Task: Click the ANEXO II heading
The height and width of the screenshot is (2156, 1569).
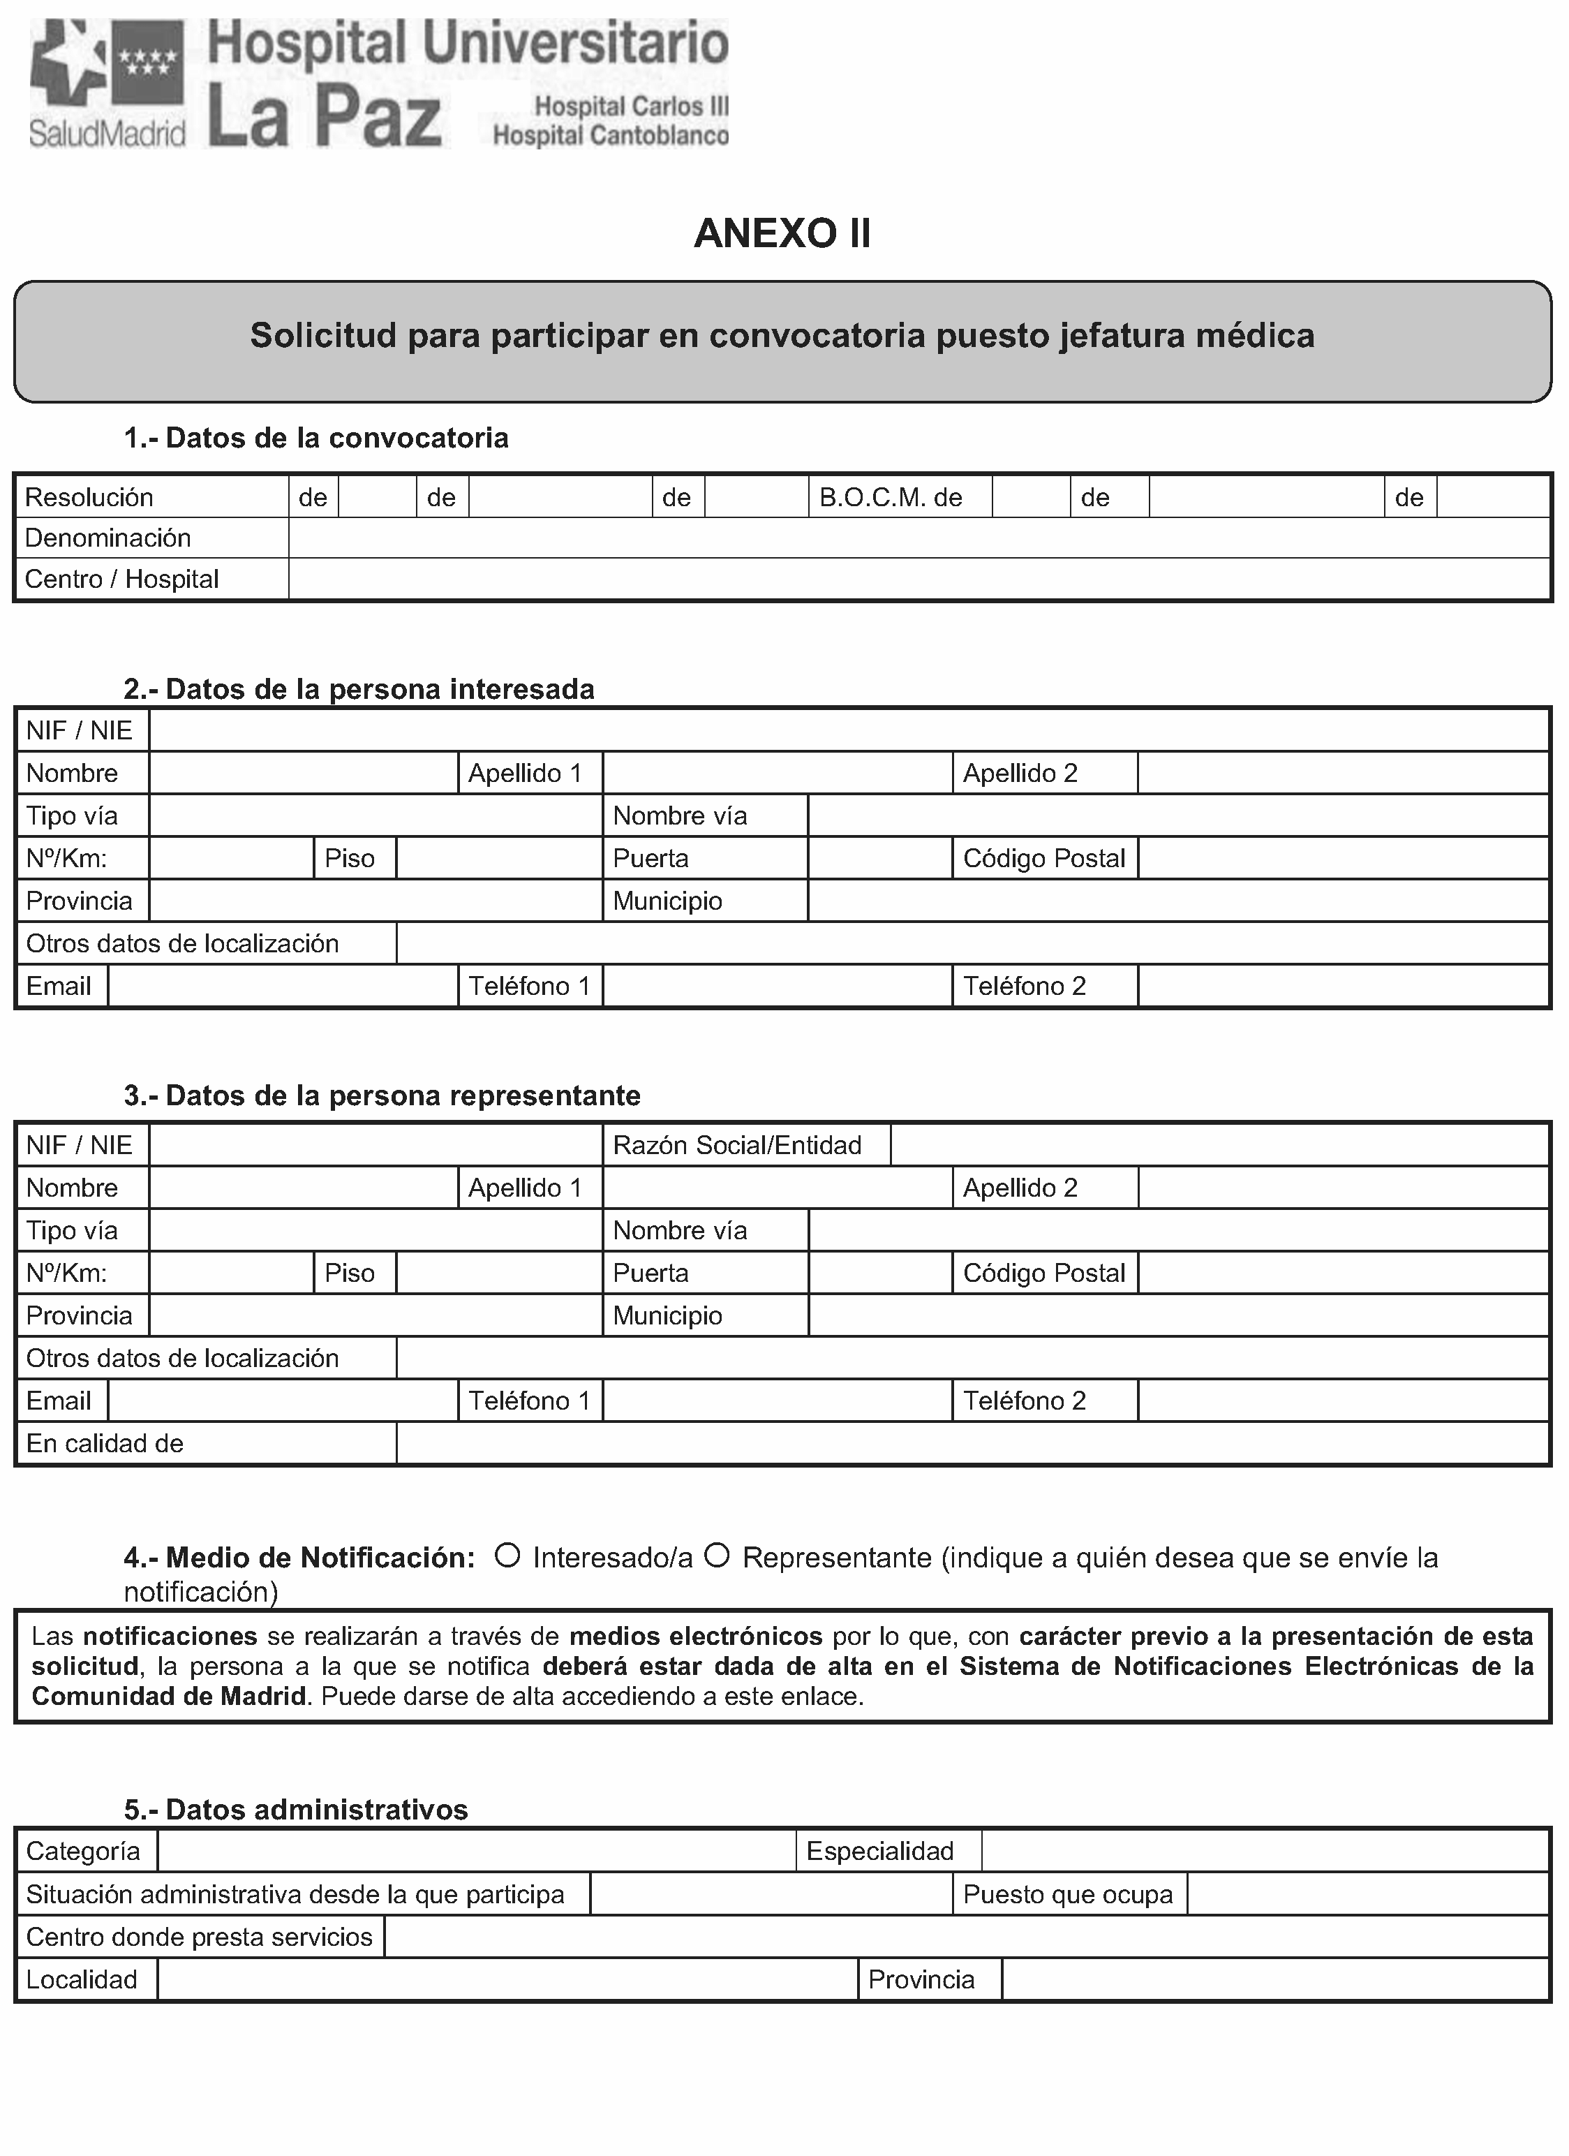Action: [782, 234]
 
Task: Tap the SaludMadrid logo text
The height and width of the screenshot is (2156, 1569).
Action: [107, 134]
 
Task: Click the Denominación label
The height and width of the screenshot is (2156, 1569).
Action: [107, 538]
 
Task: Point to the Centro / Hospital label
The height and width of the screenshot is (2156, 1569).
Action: [121, 579]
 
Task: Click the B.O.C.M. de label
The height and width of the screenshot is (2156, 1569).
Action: [891, 497]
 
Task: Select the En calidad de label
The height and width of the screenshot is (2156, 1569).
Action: [105, 1443]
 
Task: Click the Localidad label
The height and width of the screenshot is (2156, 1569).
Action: [82, 1979]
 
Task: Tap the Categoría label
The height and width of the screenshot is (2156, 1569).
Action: [82, 1851]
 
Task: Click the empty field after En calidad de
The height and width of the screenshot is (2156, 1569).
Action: [972, 1443]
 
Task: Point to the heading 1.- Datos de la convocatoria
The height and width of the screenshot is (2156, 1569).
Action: [316, 438]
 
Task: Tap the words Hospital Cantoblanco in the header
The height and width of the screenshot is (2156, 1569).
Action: [610, 136]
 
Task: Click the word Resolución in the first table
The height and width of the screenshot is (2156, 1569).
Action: [89, 497]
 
